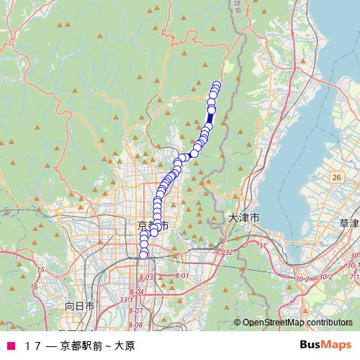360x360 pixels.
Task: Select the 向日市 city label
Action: pyautogui.click(x=80, y=306)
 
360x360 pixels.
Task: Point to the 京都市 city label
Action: pyautogui.click(x=153, y=225)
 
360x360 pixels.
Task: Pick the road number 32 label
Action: pyautogui.click(x=229, y=252)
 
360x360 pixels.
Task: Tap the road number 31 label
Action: pyautogui.click(x=262, y=246)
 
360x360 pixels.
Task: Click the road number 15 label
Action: pyautogui.click(x=40, y=270)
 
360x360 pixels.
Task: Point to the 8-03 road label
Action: pyautogui.click(x=146, y=276)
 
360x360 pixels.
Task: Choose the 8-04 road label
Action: pyautogui.click(x=137, y=292)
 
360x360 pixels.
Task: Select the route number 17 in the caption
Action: pyautogui.click(x=32, y=345)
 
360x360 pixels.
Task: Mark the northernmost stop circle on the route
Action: pyautogui.click(x=216, y=85)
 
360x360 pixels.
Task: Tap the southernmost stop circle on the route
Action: pyautogui.click(x=143, y=254)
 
